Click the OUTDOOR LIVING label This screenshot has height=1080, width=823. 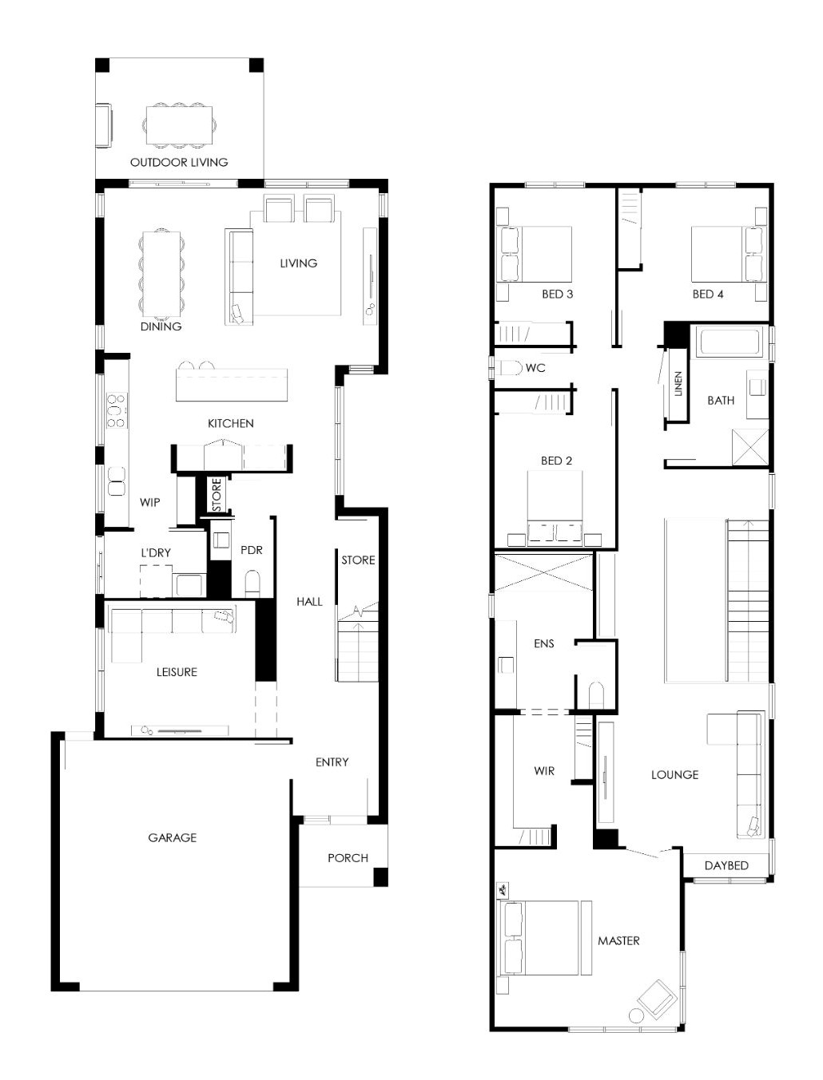[x=179, y=162]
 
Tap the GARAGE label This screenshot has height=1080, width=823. [x=173, y=837]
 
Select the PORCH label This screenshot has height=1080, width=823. [x=348, y=858]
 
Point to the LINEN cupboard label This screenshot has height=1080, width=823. [x=678, y=384]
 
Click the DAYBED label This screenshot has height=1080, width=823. [x=726, y=865]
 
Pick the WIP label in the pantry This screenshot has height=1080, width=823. [x=149, y=502]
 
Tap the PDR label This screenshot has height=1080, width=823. [x=251, y=550]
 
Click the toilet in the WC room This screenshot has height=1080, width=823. [x=511, y=367]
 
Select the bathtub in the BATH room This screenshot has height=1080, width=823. [x=730, y=342]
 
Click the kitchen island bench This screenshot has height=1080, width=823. [x=232, y=385]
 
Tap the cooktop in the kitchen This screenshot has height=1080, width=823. [x=117, y=409]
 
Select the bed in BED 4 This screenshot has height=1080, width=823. [x=727, y=255]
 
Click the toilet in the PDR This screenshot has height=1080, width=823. [x=252, y=584]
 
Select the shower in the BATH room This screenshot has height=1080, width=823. [x=750, y=447]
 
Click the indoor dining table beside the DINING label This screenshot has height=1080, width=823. [x=161, y=274]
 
